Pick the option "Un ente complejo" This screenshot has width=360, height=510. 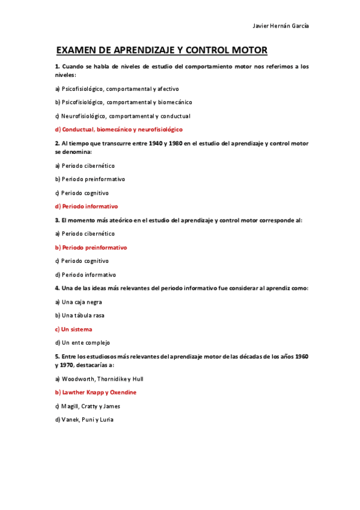pyautogui.click(x=82, y=343)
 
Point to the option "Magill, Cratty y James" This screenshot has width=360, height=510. pyautogui.click(x=87, y=406)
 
